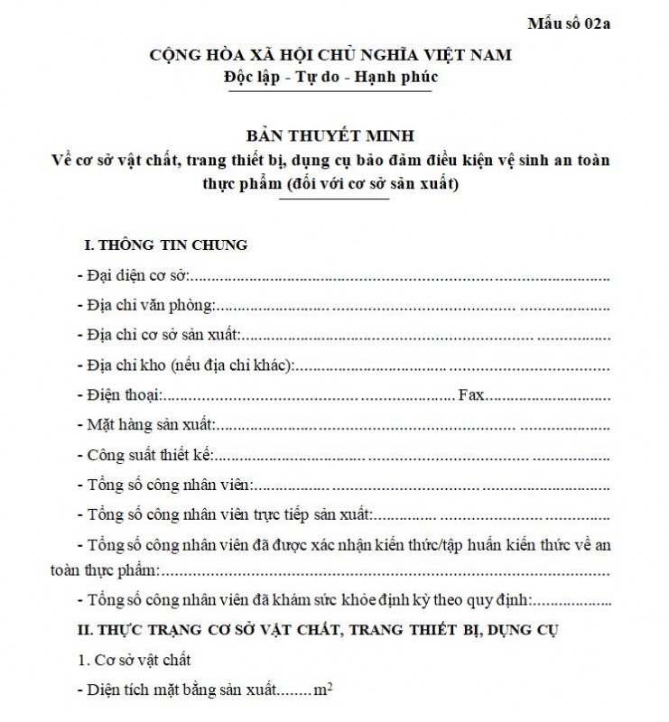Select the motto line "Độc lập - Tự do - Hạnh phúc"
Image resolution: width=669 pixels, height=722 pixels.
[x=330, y=77]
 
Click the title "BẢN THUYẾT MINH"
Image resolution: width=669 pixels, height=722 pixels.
[x=330, y=136]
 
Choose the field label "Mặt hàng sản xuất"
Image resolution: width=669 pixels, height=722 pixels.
[x=151, y=425]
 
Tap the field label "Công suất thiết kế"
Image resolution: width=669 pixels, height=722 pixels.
[x=151, y=455]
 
